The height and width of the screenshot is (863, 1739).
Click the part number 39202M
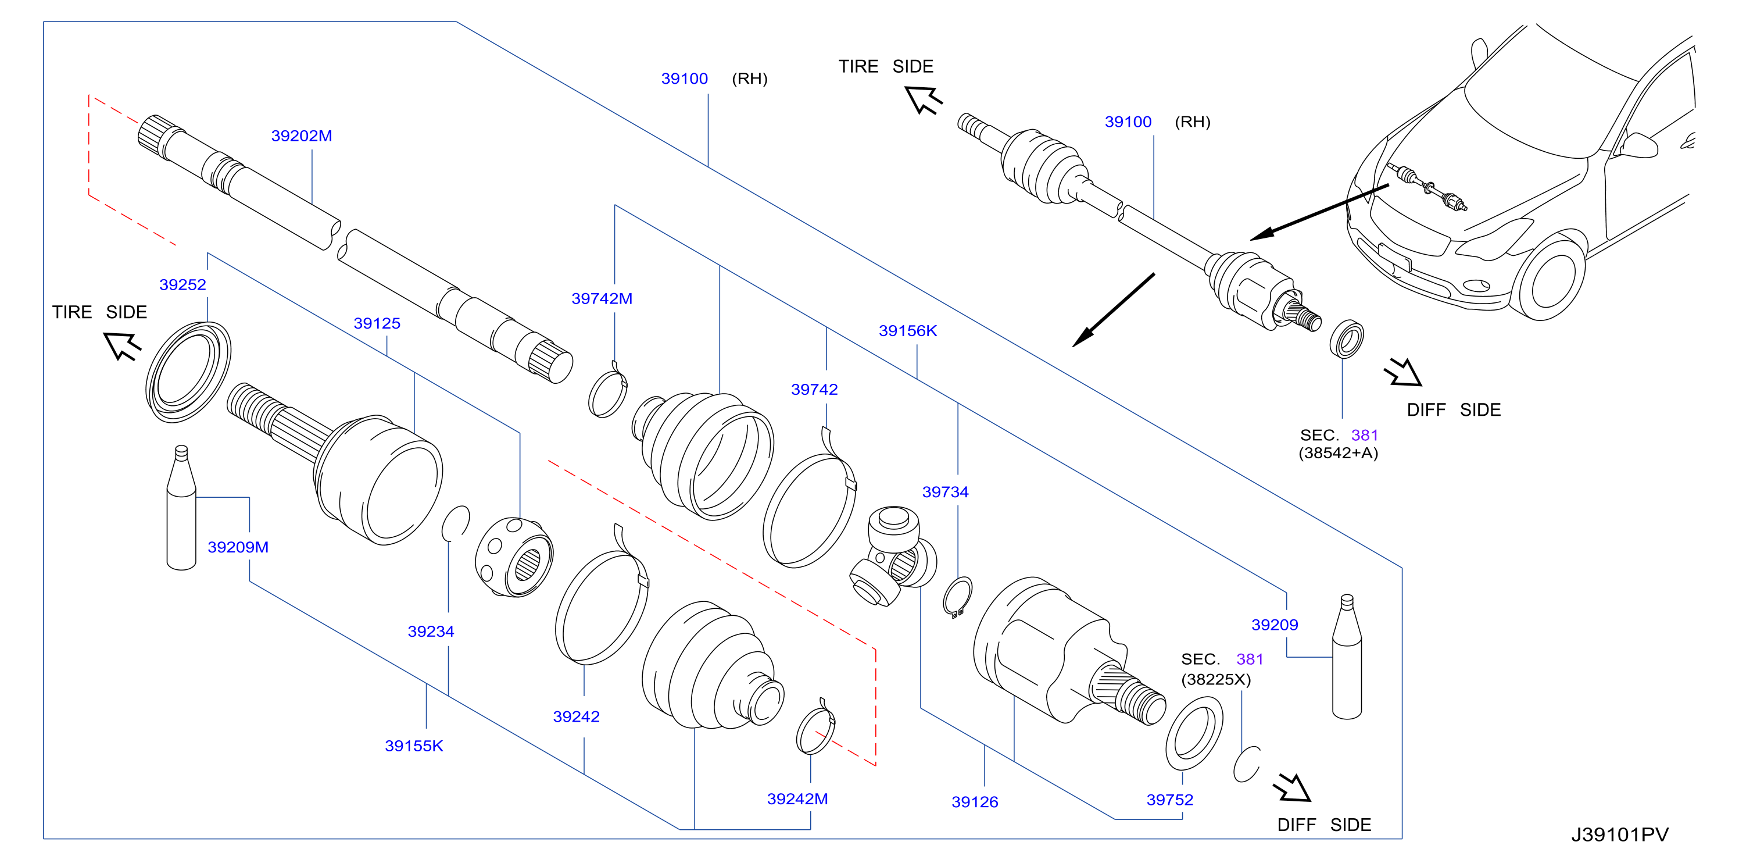301,135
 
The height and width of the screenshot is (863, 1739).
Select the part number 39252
183,285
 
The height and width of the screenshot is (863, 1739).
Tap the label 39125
377,323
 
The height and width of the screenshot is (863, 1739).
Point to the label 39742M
602,298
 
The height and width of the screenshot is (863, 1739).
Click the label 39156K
907,331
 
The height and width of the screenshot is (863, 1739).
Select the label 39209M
238,548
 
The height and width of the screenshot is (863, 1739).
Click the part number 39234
431,632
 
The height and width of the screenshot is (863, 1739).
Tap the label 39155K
414,746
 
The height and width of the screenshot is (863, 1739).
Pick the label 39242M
797,800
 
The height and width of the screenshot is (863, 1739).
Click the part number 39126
974,802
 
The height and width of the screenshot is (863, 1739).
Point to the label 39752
1169,800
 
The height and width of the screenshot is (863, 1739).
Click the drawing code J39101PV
1619,835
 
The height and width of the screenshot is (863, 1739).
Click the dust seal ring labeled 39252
188,372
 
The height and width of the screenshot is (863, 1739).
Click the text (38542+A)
1338,453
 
